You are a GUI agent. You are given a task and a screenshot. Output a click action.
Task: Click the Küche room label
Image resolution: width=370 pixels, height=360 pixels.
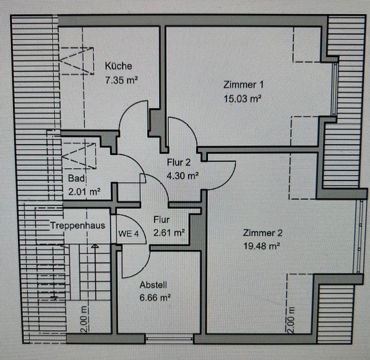click(x=118, y=66)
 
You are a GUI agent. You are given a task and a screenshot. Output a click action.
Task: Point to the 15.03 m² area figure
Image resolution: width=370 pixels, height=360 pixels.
click(x=243, y=99)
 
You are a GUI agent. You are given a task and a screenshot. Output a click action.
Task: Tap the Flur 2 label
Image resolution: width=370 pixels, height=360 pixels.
click(x=179, y=162)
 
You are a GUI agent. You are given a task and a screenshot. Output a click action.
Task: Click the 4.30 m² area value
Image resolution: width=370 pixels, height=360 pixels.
click(x=183, y=176)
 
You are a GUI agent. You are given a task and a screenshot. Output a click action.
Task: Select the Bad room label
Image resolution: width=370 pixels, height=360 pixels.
click(x=76, y=179)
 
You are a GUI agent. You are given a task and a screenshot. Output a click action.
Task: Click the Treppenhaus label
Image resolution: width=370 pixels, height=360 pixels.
click(x=77, y=226)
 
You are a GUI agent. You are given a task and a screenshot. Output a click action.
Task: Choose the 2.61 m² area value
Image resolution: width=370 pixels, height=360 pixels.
click(x=169, y=233)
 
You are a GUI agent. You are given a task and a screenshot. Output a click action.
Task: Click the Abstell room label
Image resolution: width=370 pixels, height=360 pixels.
click(x=153, y=285)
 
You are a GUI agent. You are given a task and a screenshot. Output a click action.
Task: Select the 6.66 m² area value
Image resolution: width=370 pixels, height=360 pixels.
click(x=156, y=298)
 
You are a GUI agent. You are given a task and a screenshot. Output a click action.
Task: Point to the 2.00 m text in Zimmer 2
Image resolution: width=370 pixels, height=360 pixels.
click(x=291, y=320)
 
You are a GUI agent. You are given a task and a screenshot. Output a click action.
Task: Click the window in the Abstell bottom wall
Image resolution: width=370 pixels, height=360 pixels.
click(x=169, y=339)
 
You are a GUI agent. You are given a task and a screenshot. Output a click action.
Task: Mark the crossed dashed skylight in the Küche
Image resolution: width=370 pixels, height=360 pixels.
click(x=77, y=60)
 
